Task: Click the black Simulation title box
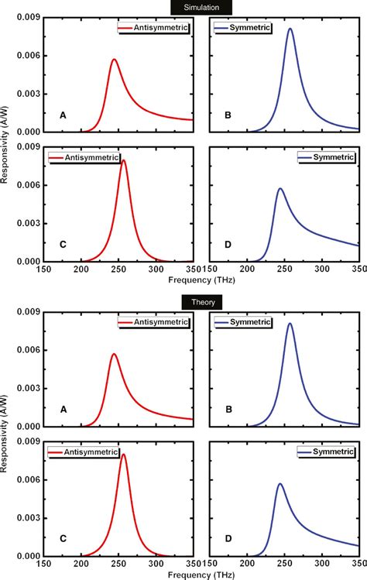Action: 195,5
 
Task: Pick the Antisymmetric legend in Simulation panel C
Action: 84,157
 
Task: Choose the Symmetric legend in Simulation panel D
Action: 325,157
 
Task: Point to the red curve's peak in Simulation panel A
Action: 114,60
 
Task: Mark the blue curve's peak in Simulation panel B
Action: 290,29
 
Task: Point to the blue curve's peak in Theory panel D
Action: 280,484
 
